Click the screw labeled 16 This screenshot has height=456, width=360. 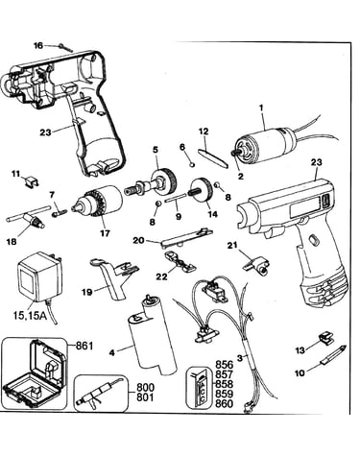click(65, 48)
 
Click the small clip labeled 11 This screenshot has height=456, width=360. click(32, 182)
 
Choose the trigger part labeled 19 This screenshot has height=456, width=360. click(113, 276)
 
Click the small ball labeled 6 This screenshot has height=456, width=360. click(192, 164)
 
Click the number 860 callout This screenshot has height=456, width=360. click(224, 403)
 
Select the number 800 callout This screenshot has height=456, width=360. click(145, 388)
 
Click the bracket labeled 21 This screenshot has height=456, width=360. click(257, 264)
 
